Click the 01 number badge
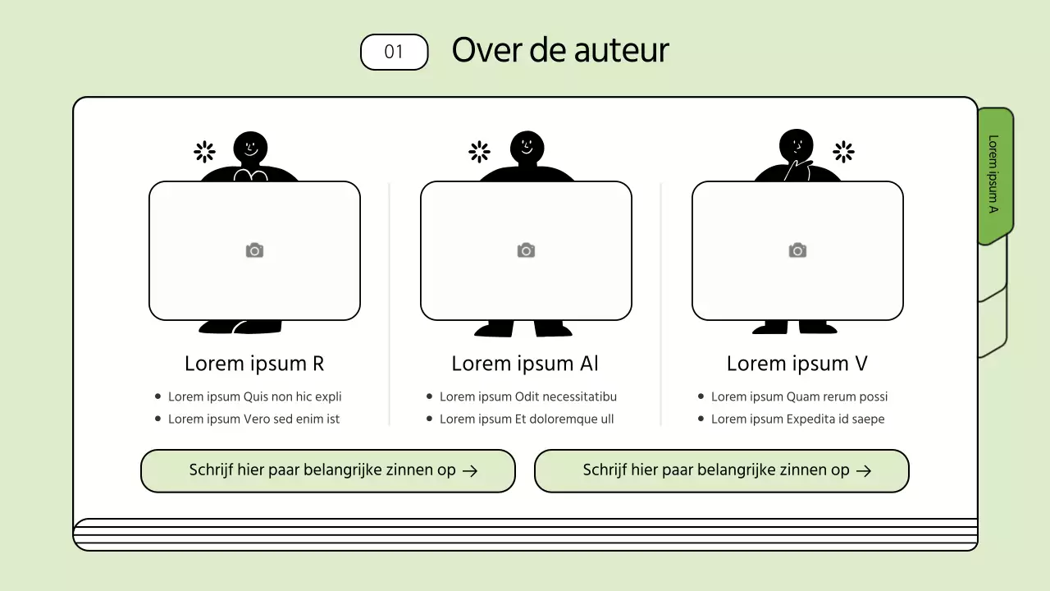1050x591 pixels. pos(395,52)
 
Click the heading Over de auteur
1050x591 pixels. pos(560,50)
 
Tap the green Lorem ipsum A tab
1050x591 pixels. pos(994,174)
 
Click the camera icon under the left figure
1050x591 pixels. pos(254,250)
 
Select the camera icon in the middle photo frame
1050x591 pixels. pos(526,250)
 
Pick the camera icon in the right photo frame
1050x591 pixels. pos(797,250)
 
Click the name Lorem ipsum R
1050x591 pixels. pos(254,364)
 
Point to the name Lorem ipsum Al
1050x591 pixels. pos(525,364)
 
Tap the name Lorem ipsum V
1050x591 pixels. pos(797,364)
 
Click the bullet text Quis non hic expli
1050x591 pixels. pos(254,397)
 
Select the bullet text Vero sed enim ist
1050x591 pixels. pos(253,419)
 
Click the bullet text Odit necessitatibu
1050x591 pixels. pos(527,397)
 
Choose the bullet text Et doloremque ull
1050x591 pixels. pos(527,419)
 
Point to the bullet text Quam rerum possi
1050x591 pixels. pos(799,397)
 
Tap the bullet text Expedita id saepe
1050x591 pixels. pos(797,419)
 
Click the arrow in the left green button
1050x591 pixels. pos(470,471)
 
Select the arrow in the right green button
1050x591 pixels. pos(864,471)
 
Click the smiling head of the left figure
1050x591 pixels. pos(251,148)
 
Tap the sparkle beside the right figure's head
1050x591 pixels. pos(843,152)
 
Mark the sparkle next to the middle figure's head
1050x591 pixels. pos(479,152)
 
